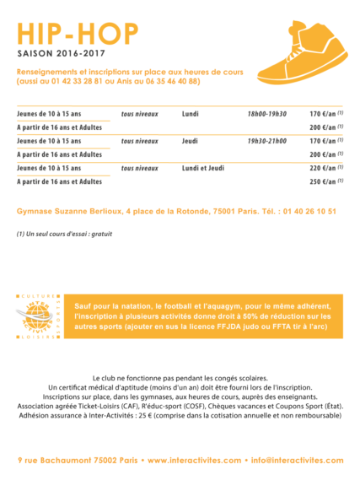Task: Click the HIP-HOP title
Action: (x=78, y=33)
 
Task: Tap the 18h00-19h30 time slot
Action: (x=266, y=113)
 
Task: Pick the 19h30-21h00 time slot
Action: (x=266, y=141)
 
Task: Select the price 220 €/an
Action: (x=327, y=168)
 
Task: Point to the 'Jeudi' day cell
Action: (x=191, y=141)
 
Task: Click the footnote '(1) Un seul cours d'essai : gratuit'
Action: (x=64, y=234)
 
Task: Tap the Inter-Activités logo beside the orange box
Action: (x=40, y=316)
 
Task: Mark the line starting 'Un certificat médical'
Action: (x=180, y=387)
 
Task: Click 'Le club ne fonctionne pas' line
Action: (x=180, y=377)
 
